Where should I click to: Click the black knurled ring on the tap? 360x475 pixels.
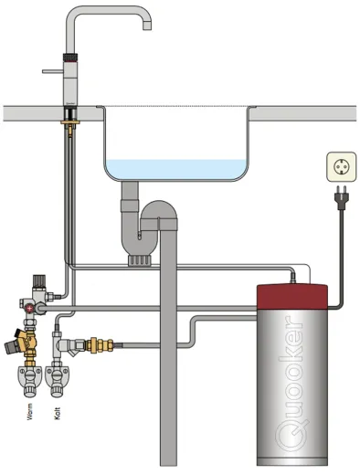(69, 58)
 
